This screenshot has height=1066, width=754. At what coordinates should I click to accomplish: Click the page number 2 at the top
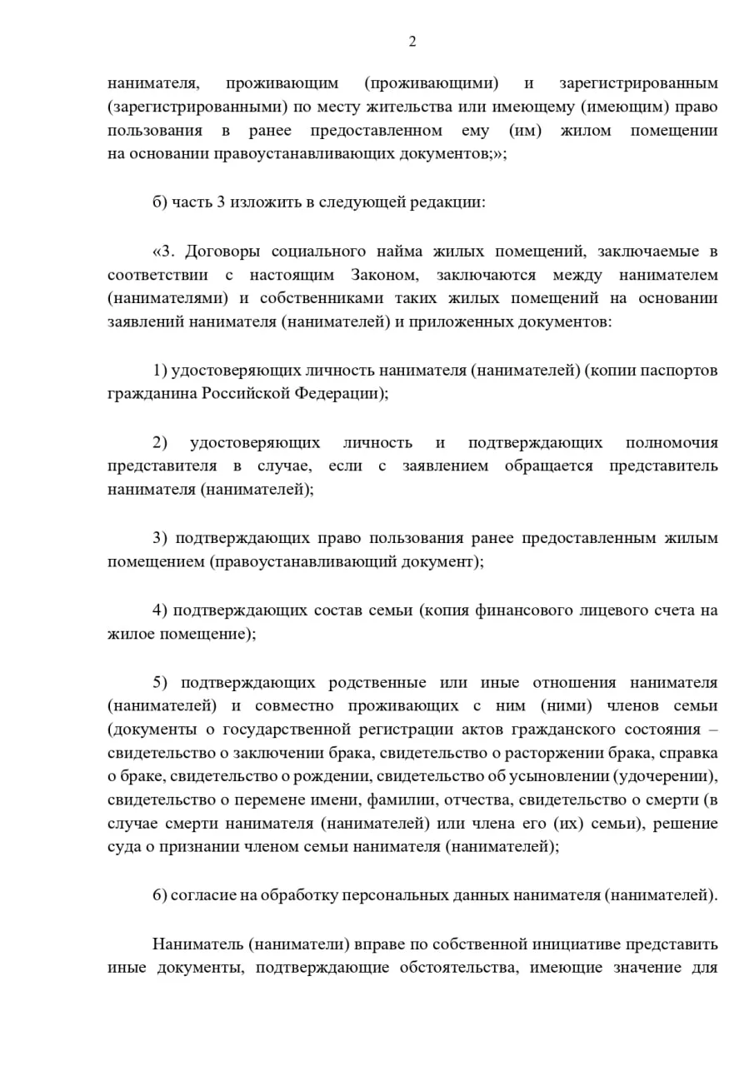412,42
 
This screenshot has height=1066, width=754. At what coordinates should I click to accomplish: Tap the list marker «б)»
160,202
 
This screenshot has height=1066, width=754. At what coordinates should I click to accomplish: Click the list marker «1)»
160,371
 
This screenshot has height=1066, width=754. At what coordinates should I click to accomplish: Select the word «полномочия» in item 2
672,443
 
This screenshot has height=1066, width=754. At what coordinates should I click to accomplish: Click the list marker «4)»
160,610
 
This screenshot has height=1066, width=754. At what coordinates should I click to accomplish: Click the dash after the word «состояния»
712,730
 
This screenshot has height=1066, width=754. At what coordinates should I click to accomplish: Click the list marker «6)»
160,896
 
